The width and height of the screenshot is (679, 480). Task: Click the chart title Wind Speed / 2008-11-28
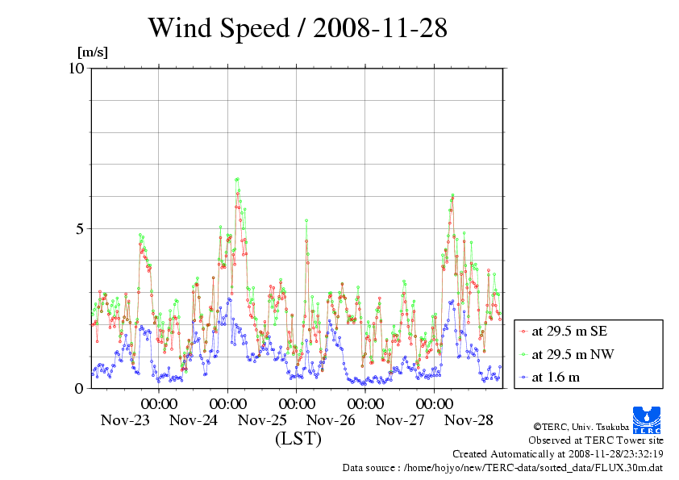click(297, 28)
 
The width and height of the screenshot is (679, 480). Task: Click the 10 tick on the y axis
click(77, 68)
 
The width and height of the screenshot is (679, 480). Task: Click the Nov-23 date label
click(125, 420)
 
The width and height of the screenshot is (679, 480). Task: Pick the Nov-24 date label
click(194, 420)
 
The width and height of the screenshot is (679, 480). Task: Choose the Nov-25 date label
click(263, 420)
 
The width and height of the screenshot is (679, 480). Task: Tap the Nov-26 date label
click(331, 420)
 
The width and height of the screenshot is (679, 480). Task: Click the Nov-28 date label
click(469, 420)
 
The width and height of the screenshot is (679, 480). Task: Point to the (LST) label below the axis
click(298, 439)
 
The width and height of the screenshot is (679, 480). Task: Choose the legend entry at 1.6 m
click(556, 377)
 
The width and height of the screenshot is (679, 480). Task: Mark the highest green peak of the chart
click(237, 179)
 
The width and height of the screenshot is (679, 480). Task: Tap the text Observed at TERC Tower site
click(595, 440)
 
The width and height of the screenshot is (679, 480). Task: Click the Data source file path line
click(503, 467)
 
